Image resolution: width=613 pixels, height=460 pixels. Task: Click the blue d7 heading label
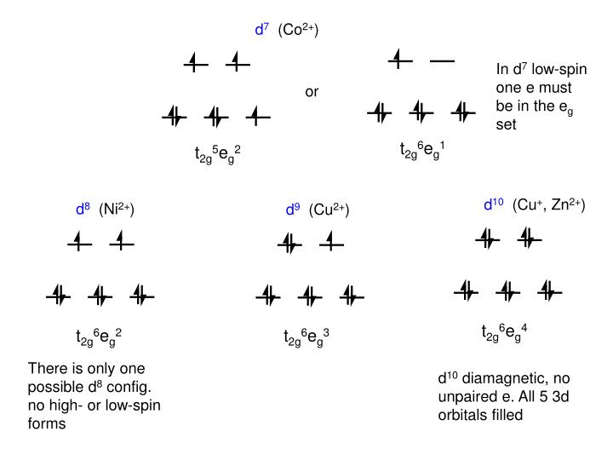(261, 30)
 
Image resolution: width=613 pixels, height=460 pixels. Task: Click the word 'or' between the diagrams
(312, 91)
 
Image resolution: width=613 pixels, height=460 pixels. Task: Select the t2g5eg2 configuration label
(218, 154)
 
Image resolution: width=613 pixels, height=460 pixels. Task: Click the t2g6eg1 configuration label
(422, 150)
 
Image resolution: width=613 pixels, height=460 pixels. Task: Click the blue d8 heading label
(83, 209)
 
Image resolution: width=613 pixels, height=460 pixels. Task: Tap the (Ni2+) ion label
(117, 209)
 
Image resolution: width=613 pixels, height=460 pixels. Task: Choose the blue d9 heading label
(293, 209)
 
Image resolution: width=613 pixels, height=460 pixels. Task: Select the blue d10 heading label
(494, 204)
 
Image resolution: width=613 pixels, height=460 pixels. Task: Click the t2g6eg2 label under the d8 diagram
(99, 337)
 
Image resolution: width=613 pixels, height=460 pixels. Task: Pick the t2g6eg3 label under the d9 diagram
(306, 337)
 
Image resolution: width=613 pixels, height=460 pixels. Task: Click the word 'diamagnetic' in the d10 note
(498, 377)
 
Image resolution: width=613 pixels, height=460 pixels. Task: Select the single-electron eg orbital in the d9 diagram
(331, 244)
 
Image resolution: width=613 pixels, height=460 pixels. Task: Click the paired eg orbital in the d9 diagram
(289, 244)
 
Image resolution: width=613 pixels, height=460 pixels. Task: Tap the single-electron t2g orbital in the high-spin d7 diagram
(258, 117)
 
